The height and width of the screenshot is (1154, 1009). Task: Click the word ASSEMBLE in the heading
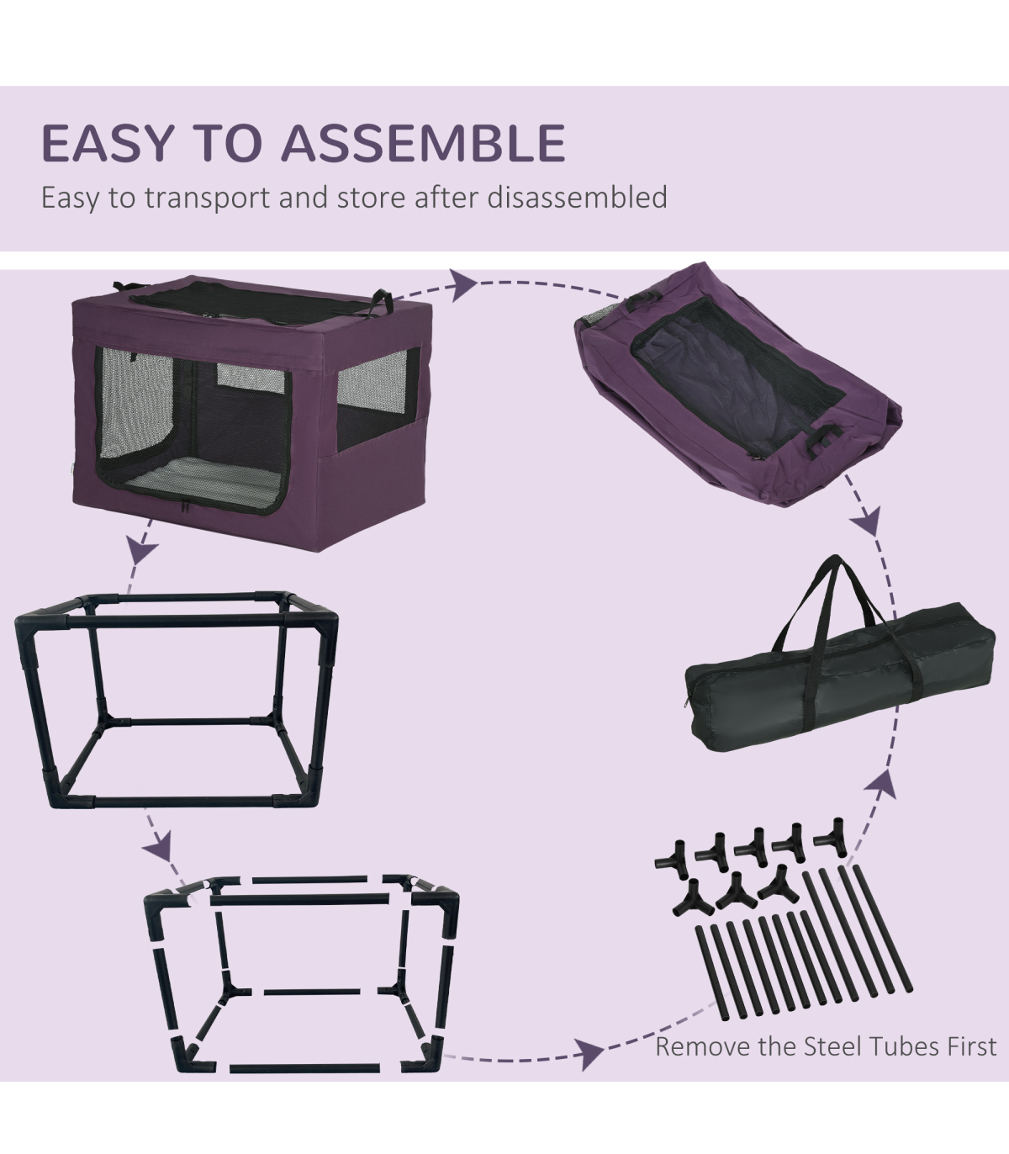[x=423, y=143]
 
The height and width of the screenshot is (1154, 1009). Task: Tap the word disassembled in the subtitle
[x=577, y=197]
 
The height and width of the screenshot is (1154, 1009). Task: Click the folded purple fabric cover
[x=738, y=384]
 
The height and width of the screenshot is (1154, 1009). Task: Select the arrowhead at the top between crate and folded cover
[x=462, y=285]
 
